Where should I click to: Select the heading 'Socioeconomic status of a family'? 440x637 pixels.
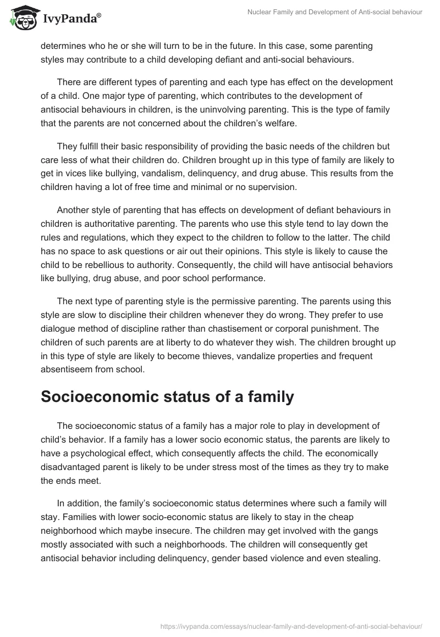(167, 397)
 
